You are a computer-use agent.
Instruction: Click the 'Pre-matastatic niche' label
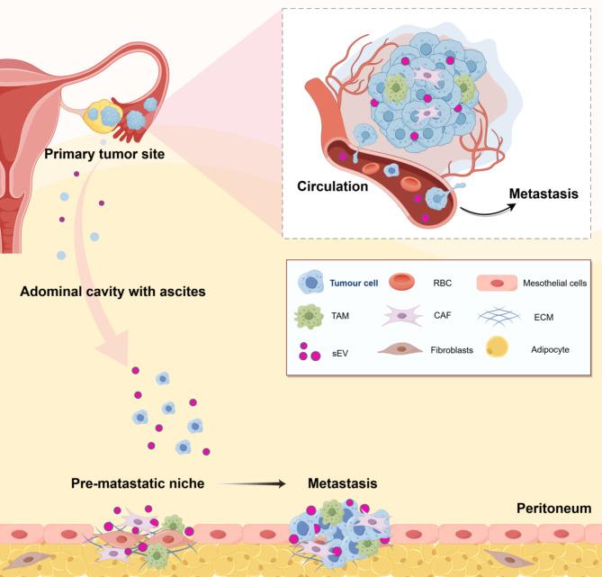pos(136,483)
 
